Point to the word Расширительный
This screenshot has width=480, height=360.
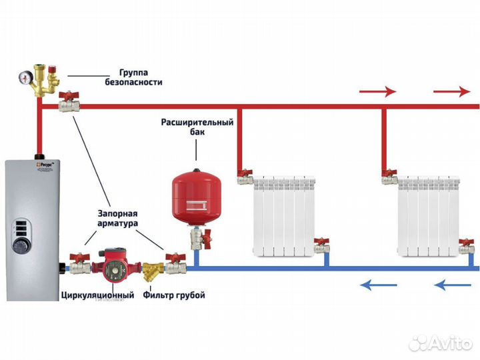tap(197, 123)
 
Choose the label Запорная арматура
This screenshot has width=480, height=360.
tap(115, 219)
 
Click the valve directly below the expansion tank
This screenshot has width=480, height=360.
tap(198, 238)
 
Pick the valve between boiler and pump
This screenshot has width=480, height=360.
tap(79, 265)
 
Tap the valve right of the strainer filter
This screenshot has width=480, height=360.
tap(176, 265)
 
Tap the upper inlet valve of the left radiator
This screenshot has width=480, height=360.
tap(245, 176)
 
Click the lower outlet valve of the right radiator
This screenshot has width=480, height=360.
tap(467, 247)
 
